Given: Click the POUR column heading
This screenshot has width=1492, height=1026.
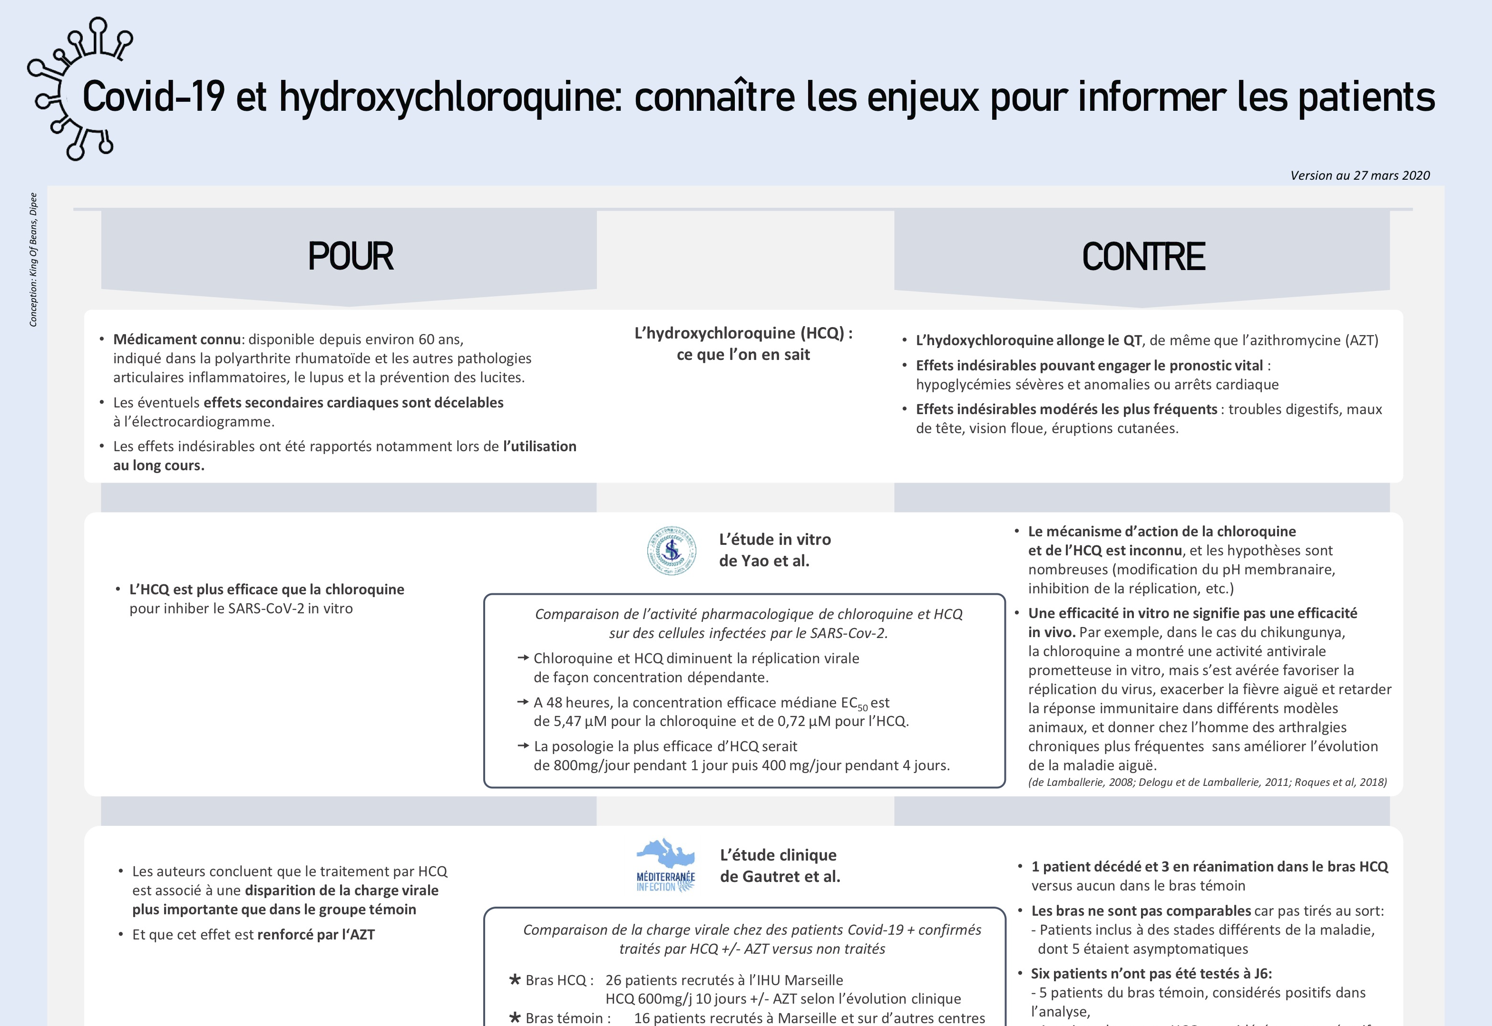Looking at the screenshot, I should coord(351,257).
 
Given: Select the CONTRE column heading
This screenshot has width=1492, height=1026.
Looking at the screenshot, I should coord(1143,257).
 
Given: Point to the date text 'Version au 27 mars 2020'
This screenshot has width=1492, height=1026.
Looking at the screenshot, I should coord(1359,175).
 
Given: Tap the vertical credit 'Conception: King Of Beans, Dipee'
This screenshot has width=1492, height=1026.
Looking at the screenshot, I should coord(33,260).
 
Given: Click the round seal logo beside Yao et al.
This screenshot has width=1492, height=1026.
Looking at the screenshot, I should coord(672,550).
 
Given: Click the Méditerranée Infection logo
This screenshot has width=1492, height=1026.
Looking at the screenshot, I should coord(665,865).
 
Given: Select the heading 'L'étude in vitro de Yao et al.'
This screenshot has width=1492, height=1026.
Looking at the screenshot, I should coord(774,550).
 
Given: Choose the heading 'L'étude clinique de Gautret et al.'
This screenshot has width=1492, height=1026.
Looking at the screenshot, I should coord(780,865).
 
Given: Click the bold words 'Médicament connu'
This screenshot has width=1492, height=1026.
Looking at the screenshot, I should coord(177,339).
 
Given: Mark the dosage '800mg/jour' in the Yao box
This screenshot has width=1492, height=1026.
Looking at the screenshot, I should coord(574,765).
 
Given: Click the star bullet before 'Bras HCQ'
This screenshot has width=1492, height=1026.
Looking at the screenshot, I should coord(515,980).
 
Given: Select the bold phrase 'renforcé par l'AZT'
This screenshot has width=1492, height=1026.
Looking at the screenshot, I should coord(316,935).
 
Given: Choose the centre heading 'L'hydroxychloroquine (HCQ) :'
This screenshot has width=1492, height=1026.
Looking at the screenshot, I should coord(743,333).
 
